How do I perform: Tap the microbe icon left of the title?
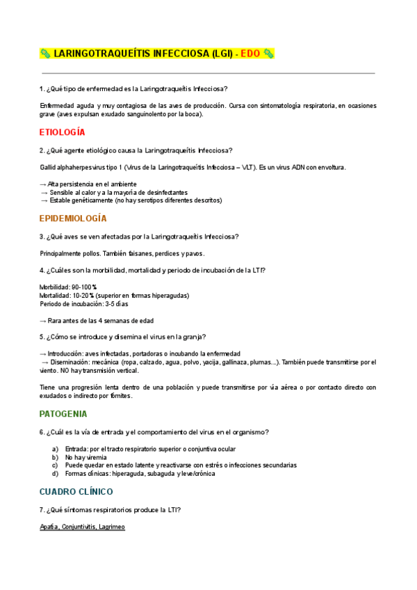(x=45, y=53)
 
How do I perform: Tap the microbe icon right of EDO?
(x=268, y=53)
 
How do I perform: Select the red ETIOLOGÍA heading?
(x=63, y=131)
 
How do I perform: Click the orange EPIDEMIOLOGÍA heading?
(x=73, y=218)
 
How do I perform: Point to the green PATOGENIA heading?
(x=63, y=413)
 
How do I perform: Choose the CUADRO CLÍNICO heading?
(x=76, y=491)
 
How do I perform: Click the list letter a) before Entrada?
(x=55, y=449)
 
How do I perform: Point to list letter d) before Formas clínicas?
(x=55, y=474)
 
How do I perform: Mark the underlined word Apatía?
(x=49, y=527)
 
